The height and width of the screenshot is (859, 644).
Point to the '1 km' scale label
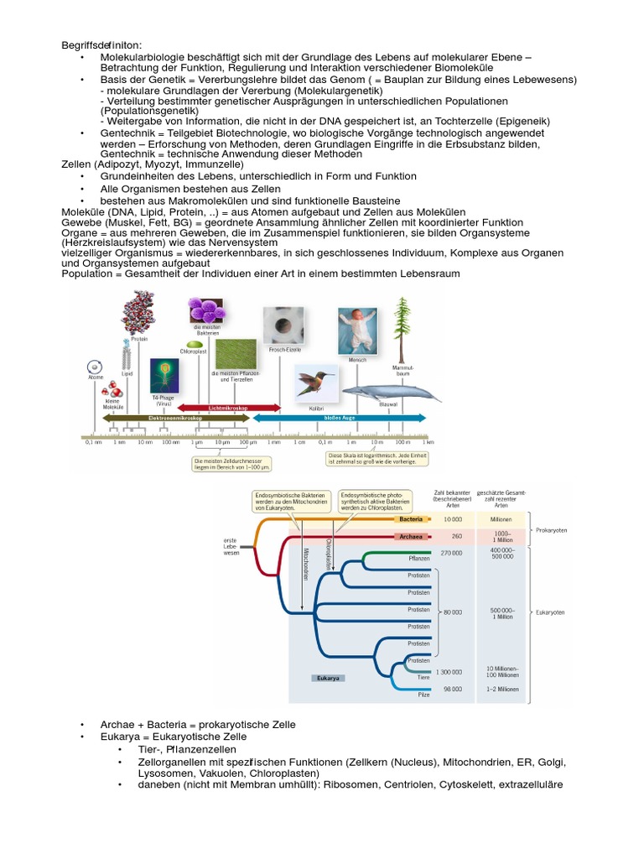[428, 442]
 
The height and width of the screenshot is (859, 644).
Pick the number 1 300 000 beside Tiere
[449, 672]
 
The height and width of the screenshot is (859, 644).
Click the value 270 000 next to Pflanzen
[451, 553]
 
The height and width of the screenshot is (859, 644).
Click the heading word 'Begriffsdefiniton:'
[102, 44]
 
